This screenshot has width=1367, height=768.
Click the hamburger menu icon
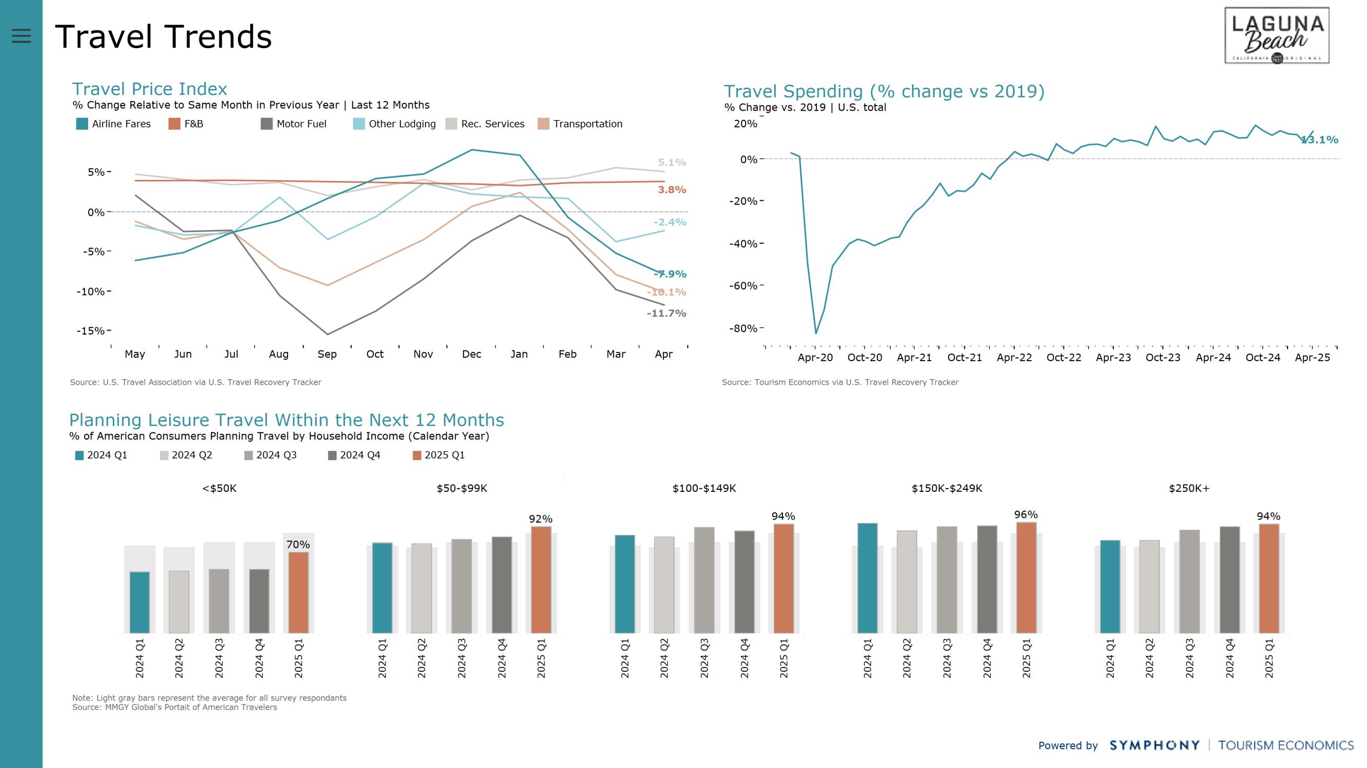tap(21, 35)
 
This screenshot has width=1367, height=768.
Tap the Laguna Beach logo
tap(1276, 35)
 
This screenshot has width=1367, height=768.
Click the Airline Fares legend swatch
tap(82, 124)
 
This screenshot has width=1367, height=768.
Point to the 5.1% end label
tap(672, 162)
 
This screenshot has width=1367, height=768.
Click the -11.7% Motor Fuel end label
tap(666, 314)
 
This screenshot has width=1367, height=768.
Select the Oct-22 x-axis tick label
tap(1063, 358)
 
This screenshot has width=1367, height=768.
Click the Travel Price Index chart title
tap(150, 89)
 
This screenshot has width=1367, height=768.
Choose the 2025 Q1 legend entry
tap(439, 455)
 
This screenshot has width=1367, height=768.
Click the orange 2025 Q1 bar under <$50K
tap(299, 592)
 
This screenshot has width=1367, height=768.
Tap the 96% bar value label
tap(1026, 514)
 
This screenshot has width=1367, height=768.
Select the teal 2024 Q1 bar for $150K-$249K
tap(867, 578)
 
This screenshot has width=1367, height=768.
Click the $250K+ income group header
tap(1189, 488)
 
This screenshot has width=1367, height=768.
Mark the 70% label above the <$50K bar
tap(298, 545)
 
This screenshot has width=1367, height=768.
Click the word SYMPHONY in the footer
tap(1154, 745)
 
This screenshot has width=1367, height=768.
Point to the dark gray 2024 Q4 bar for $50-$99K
tap(501, 585)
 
